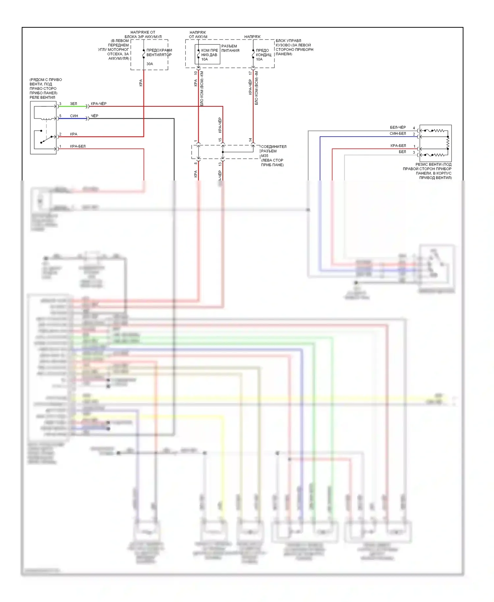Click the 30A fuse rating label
150,64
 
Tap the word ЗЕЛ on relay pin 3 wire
73,104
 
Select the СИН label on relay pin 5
74,116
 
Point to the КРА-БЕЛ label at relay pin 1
78,146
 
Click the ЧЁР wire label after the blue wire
95,116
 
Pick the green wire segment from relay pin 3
72,106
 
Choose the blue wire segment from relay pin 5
72,119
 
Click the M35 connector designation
265,156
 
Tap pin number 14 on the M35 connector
250,140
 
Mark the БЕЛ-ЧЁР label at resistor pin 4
398,127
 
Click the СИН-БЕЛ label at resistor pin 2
398,133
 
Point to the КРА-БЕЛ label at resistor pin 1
398,146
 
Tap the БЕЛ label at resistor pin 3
402,152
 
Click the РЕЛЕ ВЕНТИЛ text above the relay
42,97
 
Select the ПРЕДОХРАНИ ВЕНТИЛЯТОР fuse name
159,53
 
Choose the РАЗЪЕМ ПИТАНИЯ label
230,48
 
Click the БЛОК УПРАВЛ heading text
288,41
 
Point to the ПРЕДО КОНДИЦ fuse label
263,53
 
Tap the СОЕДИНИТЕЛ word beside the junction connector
274,147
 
